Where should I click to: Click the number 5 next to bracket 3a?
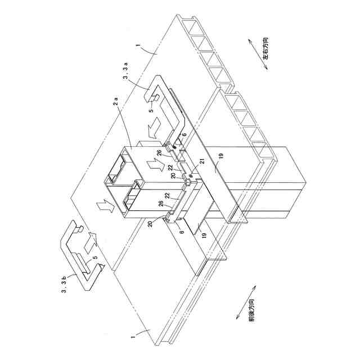point(151,110)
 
